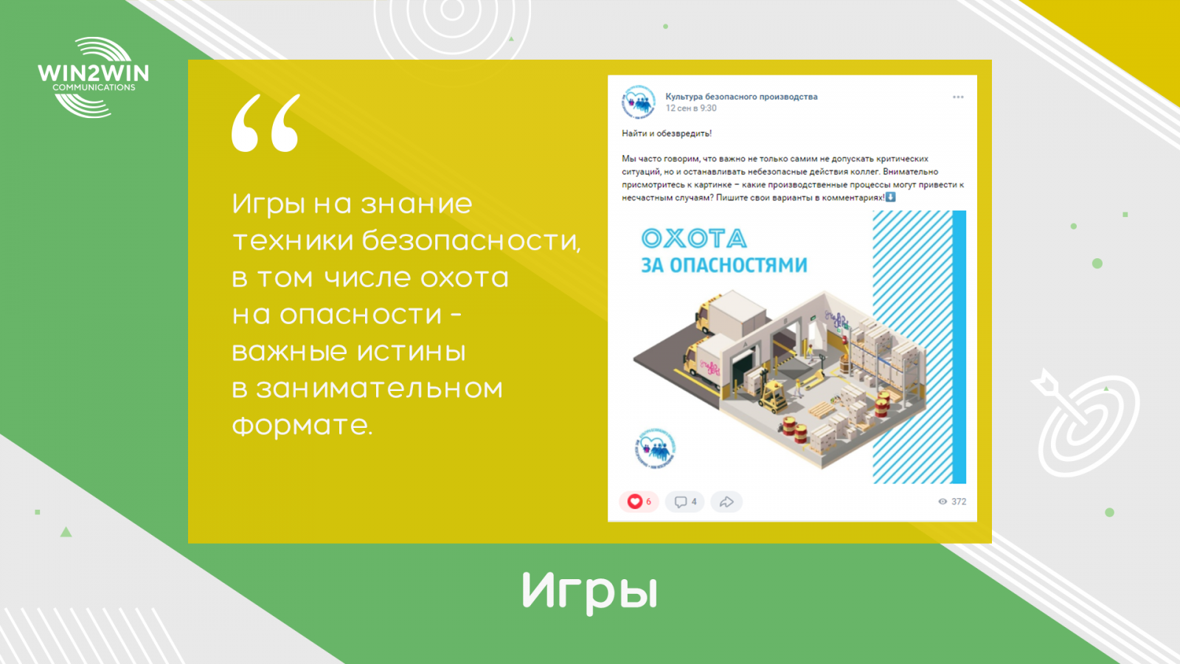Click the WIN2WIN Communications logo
click(93, 77)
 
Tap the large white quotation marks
click(266, 123)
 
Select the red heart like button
click(635, 502)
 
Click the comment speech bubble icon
click(681, 502)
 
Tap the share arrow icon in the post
click(726, 502)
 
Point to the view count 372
click(959, 502)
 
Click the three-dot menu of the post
click(958, 97)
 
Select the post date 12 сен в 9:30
click(690, 108)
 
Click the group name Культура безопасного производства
click(741, 97)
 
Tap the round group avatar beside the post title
click(639, 101)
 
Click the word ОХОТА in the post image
click(694, 239)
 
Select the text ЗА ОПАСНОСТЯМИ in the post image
click(723, 265)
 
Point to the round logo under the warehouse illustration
click(656, 449)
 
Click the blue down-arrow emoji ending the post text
click(890, 197)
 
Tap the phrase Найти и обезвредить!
click(667, 134)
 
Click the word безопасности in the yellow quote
click(471, 241)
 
